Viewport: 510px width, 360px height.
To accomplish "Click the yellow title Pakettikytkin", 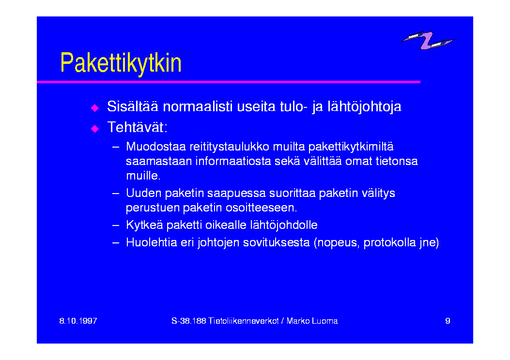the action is tap(121, 63).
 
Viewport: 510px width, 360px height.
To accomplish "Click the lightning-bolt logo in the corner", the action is tap(427, 40).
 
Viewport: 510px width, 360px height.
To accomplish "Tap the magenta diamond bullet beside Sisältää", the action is tap(94, 108).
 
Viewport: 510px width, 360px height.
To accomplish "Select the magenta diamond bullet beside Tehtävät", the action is tap(94, 129).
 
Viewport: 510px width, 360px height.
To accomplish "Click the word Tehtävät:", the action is tap(137, 127).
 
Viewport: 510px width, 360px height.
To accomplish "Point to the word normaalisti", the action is tap(198, 106).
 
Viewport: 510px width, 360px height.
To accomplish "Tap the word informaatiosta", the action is tap(233, 161).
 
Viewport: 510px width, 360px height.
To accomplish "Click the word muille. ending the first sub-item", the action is tap(143, 176).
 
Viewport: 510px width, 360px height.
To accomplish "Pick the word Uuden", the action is tap(143, 193).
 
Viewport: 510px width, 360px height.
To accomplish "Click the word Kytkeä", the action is tap(144, 225).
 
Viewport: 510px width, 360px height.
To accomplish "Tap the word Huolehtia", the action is tap(151, 242).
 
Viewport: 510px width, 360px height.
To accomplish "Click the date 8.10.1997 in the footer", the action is tap(78, 321).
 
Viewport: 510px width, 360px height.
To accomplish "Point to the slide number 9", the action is tap(448, 321).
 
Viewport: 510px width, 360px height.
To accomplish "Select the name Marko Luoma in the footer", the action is tap(312, 321).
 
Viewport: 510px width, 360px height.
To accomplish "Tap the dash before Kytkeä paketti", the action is tap(116, 225).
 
